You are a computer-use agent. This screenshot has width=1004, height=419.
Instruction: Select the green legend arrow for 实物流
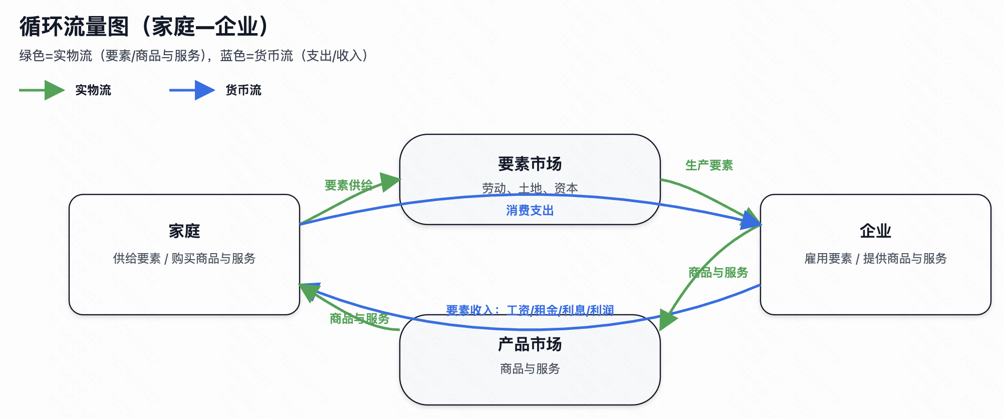(43, 90)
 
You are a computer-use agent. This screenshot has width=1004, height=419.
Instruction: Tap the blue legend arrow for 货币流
(192, 90)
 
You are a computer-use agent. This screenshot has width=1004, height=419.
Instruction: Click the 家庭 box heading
(184, 231)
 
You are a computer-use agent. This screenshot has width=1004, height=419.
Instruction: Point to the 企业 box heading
(875, 231)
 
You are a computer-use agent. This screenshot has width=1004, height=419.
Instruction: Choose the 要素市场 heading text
(530, 164)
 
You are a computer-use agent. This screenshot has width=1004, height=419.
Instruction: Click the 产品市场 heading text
(530, 344)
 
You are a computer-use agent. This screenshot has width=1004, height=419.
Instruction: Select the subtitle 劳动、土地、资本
(530, 188)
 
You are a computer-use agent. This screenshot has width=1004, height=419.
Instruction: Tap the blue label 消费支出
(530, 211)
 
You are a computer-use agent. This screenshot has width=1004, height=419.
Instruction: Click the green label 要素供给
(348, 185)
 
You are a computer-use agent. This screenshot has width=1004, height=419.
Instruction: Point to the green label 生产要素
(709, 165)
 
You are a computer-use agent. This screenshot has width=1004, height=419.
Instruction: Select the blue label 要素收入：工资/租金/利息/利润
(530, 310)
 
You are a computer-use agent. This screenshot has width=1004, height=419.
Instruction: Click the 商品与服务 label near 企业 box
(718, 273)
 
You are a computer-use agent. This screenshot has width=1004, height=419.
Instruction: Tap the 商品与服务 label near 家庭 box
(359, 319)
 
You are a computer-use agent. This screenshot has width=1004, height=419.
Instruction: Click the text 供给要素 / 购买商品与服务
(184, 259)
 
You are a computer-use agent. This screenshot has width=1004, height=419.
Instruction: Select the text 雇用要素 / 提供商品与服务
(875, 259)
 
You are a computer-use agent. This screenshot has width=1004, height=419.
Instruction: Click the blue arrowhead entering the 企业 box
(751, 221)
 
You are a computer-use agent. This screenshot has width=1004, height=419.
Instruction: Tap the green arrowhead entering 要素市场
(390, 181)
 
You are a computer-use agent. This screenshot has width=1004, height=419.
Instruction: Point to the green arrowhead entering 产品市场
(667, 319)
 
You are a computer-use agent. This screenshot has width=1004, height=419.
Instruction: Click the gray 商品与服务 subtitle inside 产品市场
(530, 369)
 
